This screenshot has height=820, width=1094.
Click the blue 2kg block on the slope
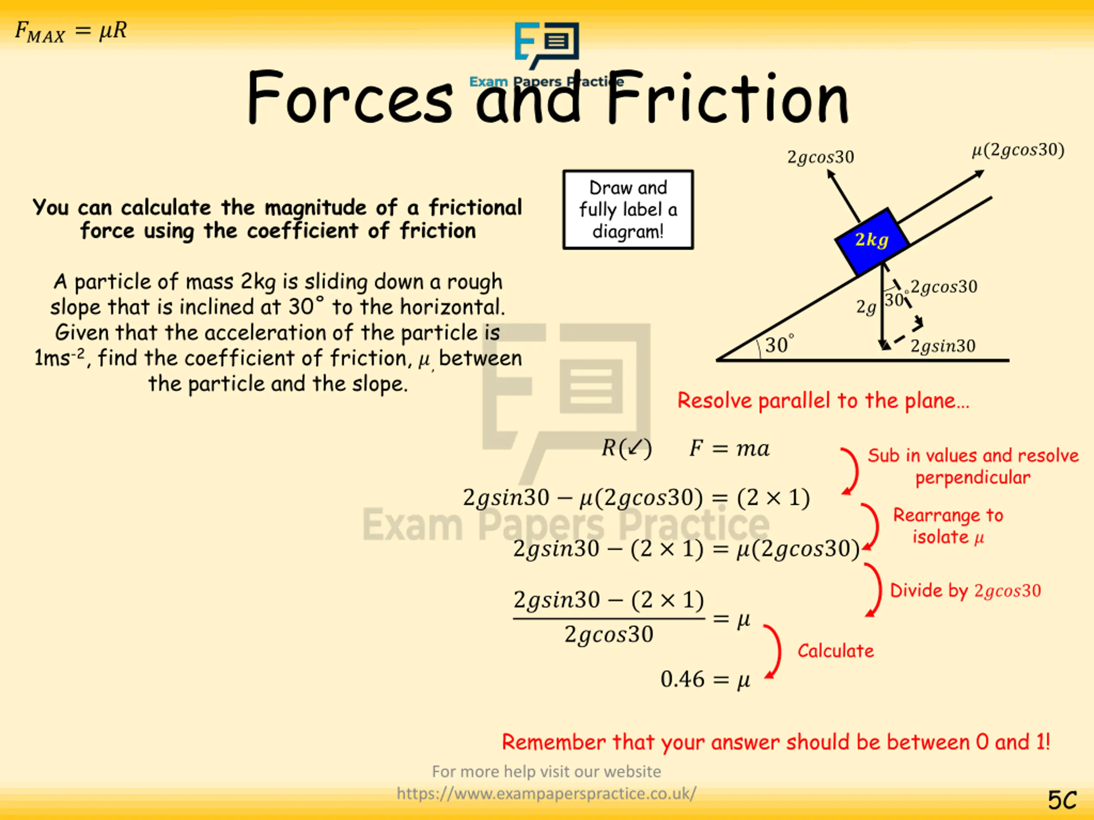[x=871, y=241]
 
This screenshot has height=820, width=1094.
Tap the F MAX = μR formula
[x=71, y=32]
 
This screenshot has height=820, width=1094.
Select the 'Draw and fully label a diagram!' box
[x=628, y=210]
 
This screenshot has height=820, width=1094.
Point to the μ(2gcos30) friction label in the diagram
[x=1018, y=150]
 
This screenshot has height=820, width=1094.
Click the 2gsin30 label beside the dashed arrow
[x=943, y=346]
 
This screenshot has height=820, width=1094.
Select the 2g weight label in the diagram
[x=866, y=307]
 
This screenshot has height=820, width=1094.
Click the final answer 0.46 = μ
[x=705, y=679]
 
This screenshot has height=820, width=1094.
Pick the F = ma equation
[x=729, y=448]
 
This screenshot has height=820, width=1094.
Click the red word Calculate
[x=835, y=651]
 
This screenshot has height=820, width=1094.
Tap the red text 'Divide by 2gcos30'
[x=965, y=590]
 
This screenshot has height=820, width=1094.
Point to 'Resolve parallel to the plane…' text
[x=823, y=400]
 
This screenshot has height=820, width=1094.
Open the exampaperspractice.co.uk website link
[x=547, y=794]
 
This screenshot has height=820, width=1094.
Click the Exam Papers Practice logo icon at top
[x=547, y=45]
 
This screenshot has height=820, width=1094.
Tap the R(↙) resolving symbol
[x=626, y=448]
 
